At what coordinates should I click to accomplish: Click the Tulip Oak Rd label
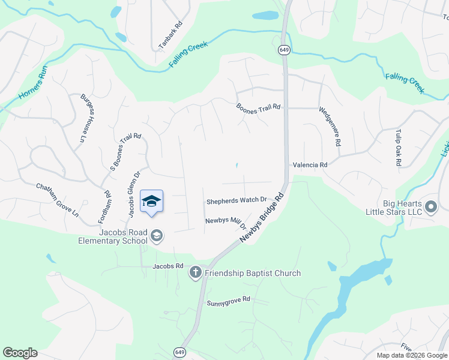pyautogui.click(x=397, y=146)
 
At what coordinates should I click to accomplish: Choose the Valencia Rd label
pyautogui.click(x=310, y=164)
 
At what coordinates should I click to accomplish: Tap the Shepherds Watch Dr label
pyautogui.click(x=237, y=200)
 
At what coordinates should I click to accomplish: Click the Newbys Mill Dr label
pyautogui.click(x=226, y=221)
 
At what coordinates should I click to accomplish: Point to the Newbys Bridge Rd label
pyautogui.click(x=261, y=218)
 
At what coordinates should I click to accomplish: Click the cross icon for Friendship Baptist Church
pyautogui.click(x=195, y=273)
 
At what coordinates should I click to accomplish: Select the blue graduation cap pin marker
pyautogui.click(x=151, y=202)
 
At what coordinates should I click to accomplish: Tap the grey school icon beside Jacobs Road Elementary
pyautogui.click(x=156, y=236)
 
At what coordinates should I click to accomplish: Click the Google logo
pyautogui.click(x=20, y=353)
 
